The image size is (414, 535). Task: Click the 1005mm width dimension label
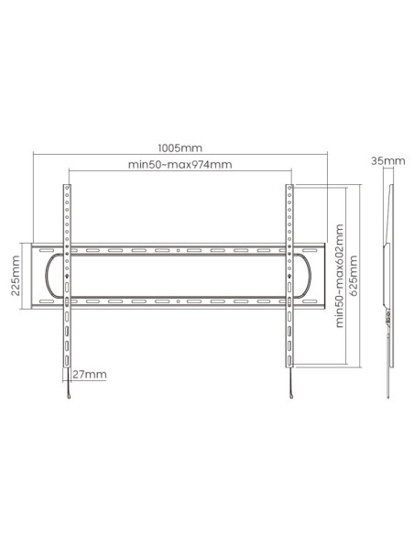(180, 148)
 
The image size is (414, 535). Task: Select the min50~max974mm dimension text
(180, 165)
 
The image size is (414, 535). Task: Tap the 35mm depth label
(388, 160)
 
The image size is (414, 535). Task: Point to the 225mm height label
(16, 276)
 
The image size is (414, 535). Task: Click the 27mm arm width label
(90, 375)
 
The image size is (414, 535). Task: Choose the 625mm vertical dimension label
(354, 276)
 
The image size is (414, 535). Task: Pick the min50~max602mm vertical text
(339, 276)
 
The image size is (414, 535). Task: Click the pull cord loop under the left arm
(69, 396)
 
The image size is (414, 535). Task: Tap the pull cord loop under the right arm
(291, 396)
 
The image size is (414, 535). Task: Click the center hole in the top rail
(178, 250)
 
